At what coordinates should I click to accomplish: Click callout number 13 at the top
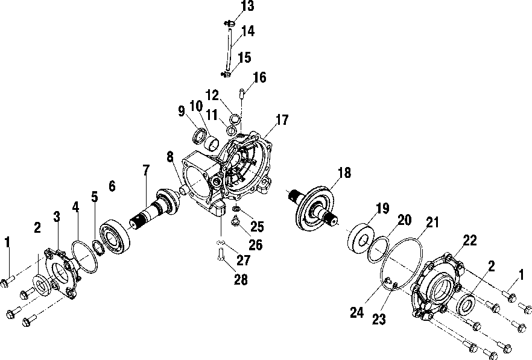pos(230,7)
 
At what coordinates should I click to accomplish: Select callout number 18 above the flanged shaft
pos(343,173)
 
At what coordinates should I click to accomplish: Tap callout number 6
pos(111,186)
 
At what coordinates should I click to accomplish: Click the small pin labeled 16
pos(241,93)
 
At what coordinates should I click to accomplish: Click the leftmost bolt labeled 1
pos(8,279)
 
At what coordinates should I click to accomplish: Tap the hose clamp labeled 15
pos(228,75)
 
